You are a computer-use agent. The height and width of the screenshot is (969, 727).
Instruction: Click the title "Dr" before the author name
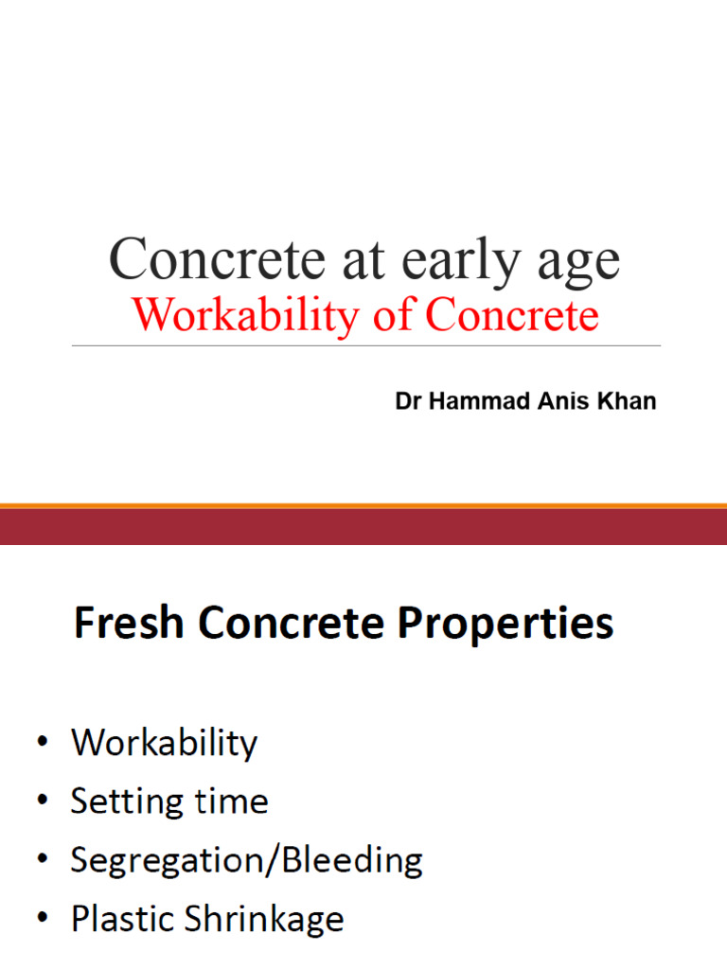[x=408, y=402]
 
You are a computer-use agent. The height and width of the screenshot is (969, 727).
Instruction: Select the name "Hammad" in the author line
[x=469, y=402]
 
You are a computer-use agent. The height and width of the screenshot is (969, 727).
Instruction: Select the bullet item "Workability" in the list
[x=164, y=744]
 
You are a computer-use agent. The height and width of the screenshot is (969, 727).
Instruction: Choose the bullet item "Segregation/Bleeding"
[x=246, y=861]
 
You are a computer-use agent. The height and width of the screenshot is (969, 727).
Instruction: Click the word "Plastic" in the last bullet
[x=121, y=919]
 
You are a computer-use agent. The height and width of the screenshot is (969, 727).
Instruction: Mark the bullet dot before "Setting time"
[x=43, y=802]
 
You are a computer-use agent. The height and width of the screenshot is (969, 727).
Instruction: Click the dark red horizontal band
[x=363, y=527]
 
